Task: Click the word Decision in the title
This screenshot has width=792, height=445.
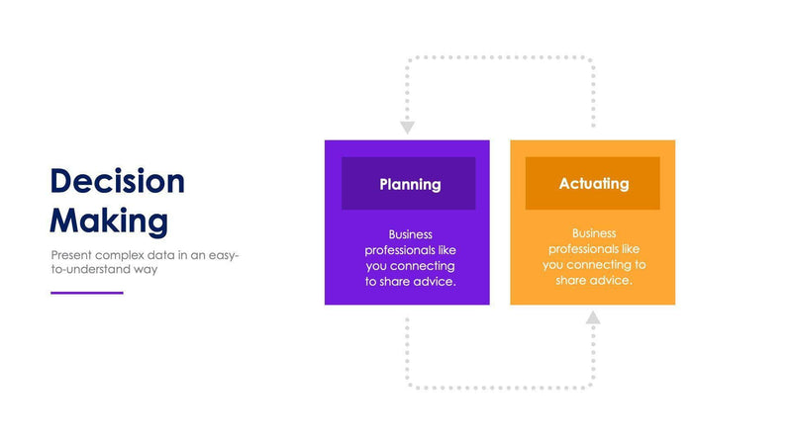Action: (117, 182)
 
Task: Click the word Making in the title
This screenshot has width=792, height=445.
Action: (108, 220)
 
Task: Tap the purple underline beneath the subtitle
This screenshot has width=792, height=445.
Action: (87, 293)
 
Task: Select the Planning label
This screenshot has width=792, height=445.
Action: (410, 184)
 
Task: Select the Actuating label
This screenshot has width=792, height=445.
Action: (593, 183)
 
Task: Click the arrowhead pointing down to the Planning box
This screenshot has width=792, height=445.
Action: (407, 128)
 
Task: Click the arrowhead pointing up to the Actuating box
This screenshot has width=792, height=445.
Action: (593, 318)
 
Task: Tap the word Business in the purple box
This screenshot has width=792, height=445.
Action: (411, 235)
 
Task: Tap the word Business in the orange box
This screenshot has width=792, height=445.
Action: (594, 233)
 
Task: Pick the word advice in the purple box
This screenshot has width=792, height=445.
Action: (437, 282)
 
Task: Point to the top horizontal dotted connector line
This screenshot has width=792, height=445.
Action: (500, 57)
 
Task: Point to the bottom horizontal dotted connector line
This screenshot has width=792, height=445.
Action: (500, 387)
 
